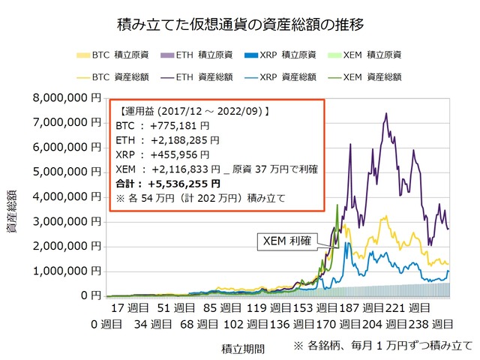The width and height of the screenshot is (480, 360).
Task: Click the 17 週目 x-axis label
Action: click(130, 307)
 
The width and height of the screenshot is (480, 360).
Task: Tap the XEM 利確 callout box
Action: click(286, 241)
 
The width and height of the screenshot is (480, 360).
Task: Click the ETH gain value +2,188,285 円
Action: click(184, 140)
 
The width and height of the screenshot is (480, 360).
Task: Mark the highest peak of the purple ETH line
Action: click(385, 113)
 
